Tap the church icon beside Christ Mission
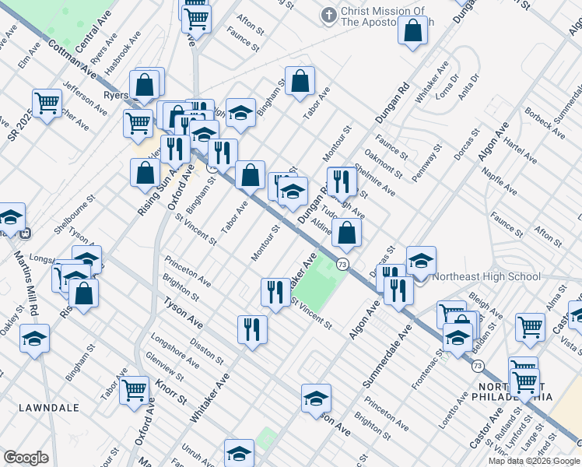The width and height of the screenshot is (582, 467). (328, 15)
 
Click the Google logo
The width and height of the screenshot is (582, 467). (26, 458)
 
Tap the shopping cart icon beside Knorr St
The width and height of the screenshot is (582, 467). (134, 388)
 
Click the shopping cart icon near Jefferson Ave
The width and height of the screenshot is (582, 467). (47, 101)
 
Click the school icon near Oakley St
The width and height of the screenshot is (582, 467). (35, 338)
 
